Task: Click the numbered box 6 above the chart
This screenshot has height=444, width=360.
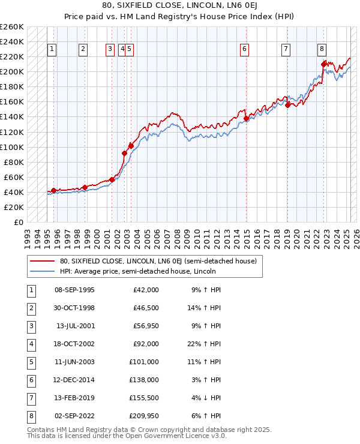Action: click(245, 49)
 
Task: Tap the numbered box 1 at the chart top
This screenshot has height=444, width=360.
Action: click(53, 49)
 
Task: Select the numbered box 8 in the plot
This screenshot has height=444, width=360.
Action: click(322, 49)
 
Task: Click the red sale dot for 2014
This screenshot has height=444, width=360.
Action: click(247, 118)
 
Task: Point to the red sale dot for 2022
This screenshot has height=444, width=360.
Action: click(324, 64)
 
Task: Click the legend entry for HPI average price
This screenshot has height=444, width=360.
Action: click(137, 271)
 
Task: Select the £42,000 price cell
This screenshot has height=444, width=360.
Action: click(145, 290)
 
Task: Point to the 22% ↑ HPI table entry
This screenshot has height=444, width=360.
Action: click(206, 344)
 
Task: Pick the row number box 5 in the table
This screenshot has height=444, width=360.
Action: click(30, 362)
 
